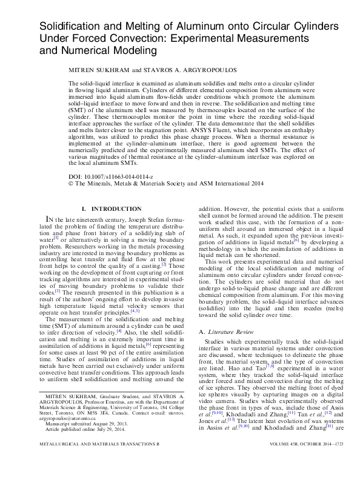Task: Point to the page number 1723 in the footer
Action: (329, 461)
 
